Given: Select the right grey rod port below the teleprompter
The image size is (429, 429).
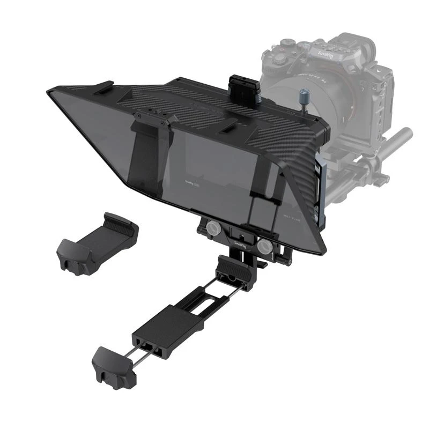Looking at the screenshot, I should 264,245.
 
